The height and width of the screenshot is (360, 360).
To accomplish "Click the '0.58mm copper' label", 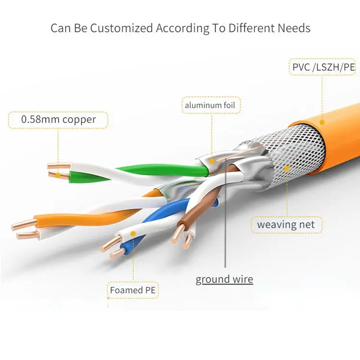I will point(58,120).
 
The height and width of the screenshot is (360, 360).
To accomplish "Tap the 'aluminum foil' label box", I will point(211,105).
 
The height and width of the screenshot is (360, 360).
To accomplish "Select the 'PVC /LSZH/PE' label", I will point(324,67).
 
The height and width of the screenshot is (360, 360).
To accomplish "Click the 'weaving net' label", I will point(286,224).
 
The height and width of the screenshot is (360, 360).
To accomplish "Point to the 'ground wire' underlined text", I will point(224,279).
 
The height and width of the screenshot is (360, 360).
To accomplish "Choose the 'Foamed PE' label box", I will point(133,290).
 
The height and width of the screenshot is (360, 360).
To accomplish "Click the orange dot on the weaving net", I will point(287,168).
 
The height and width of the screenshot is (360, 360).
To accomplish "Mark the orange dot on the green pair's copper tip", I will point(58,175).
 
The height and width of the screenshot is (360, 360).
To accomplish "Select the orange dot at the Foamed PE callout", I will point(133,234).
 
